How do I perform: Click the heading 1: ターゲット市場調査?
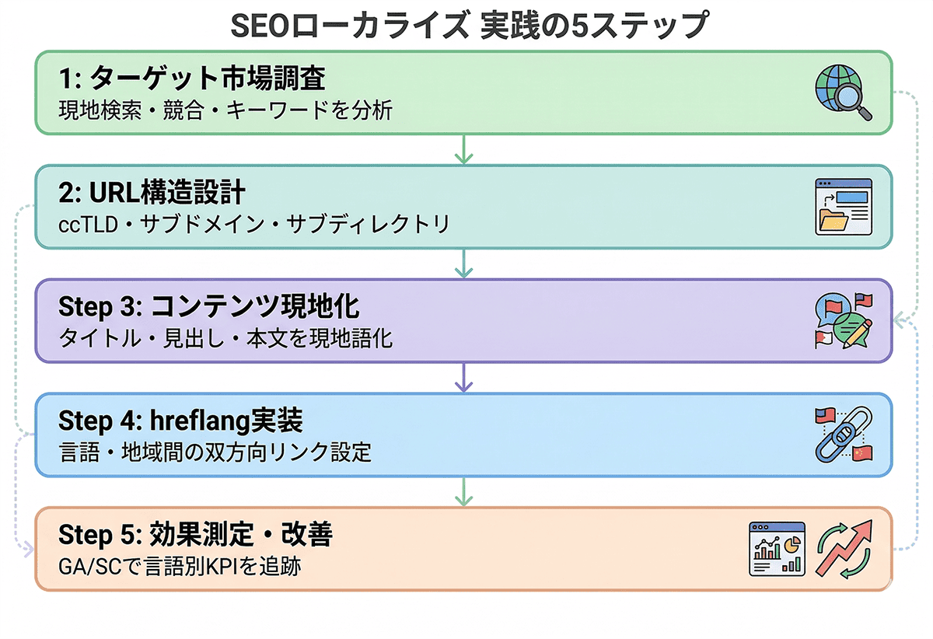[191, 79]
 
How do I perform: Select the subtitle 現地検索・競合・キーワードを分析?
[225, 110]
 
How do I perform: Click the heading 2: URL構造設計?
[152, 193]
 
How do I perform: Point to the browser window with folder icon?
[843, 206]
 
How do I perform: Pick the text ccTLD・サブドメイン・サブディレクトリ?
[254, 225]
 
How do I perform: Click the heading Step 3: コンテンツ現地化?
[209, 307]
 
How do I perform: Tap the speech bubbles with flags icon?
[843, 320]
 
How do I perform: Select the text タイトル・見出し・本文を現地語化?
[225, 339]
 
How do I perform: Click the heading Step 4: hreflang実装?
[180, 421]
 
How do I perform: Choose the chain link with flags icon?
[843, 435]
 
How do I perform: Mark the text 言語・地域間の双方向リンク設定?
[215, 452]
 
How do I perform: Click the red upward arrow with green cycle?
[844, 549]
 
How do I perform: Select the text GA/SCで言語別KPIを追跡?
[180, 567]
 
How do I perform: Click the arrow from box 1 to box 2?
[464, 149]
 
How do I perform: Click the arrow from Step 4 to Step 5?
[464, 491]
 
